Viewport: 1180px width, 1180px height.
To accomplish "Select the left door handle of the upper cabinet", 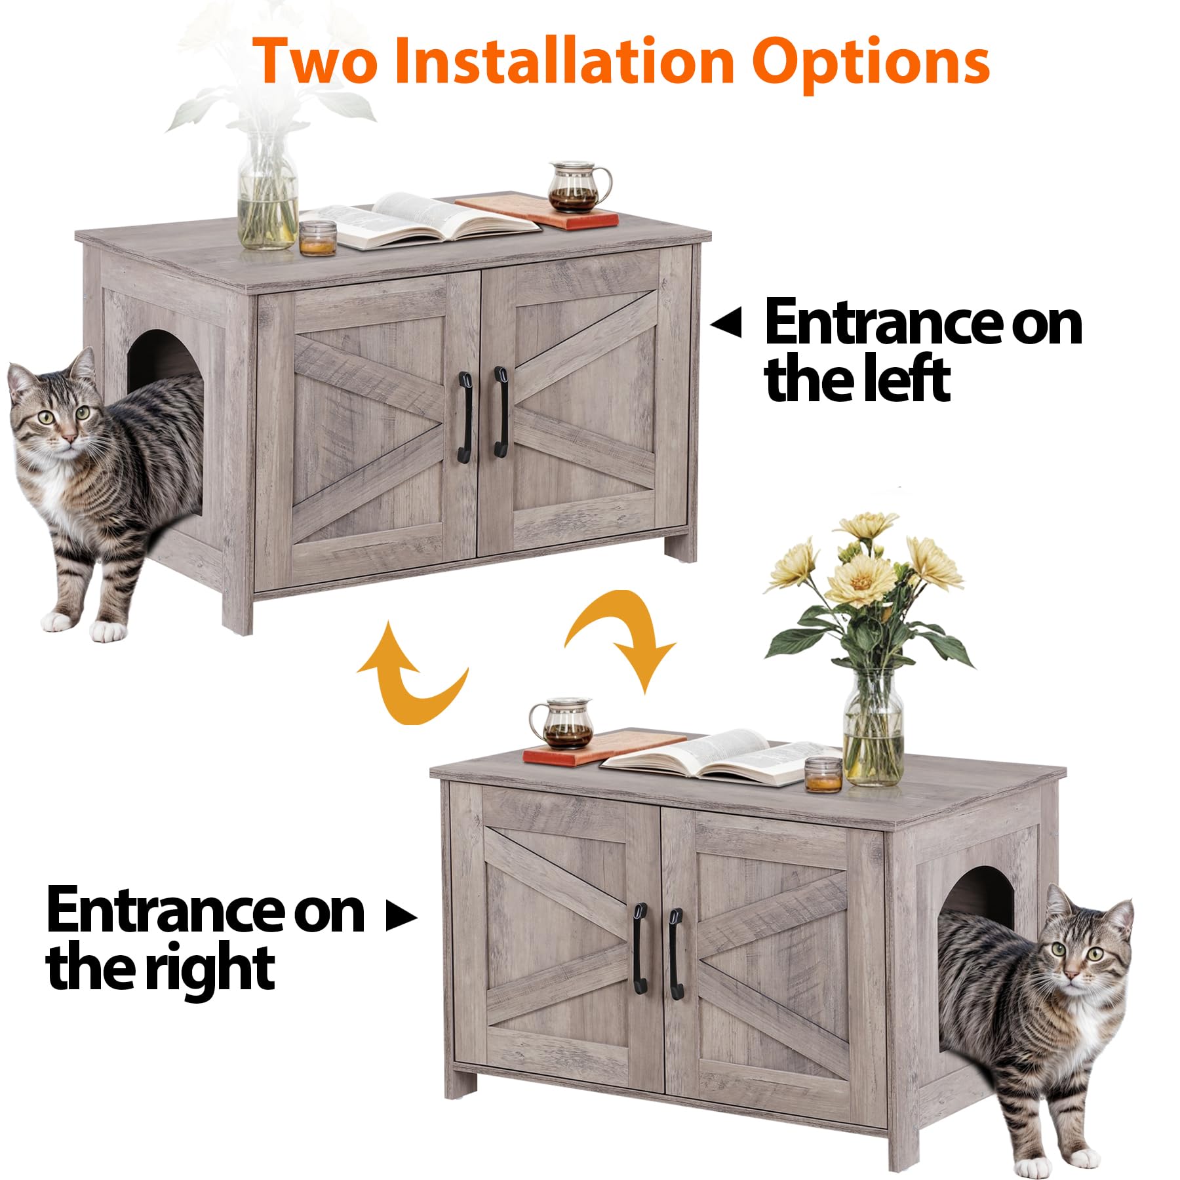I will coord(465,417).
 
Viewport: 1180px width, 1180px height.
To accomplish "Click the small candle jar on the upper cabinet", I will coord(318,237).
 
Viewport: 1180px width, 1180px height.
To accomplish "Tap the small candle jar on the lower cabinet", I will coord(823,774).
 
